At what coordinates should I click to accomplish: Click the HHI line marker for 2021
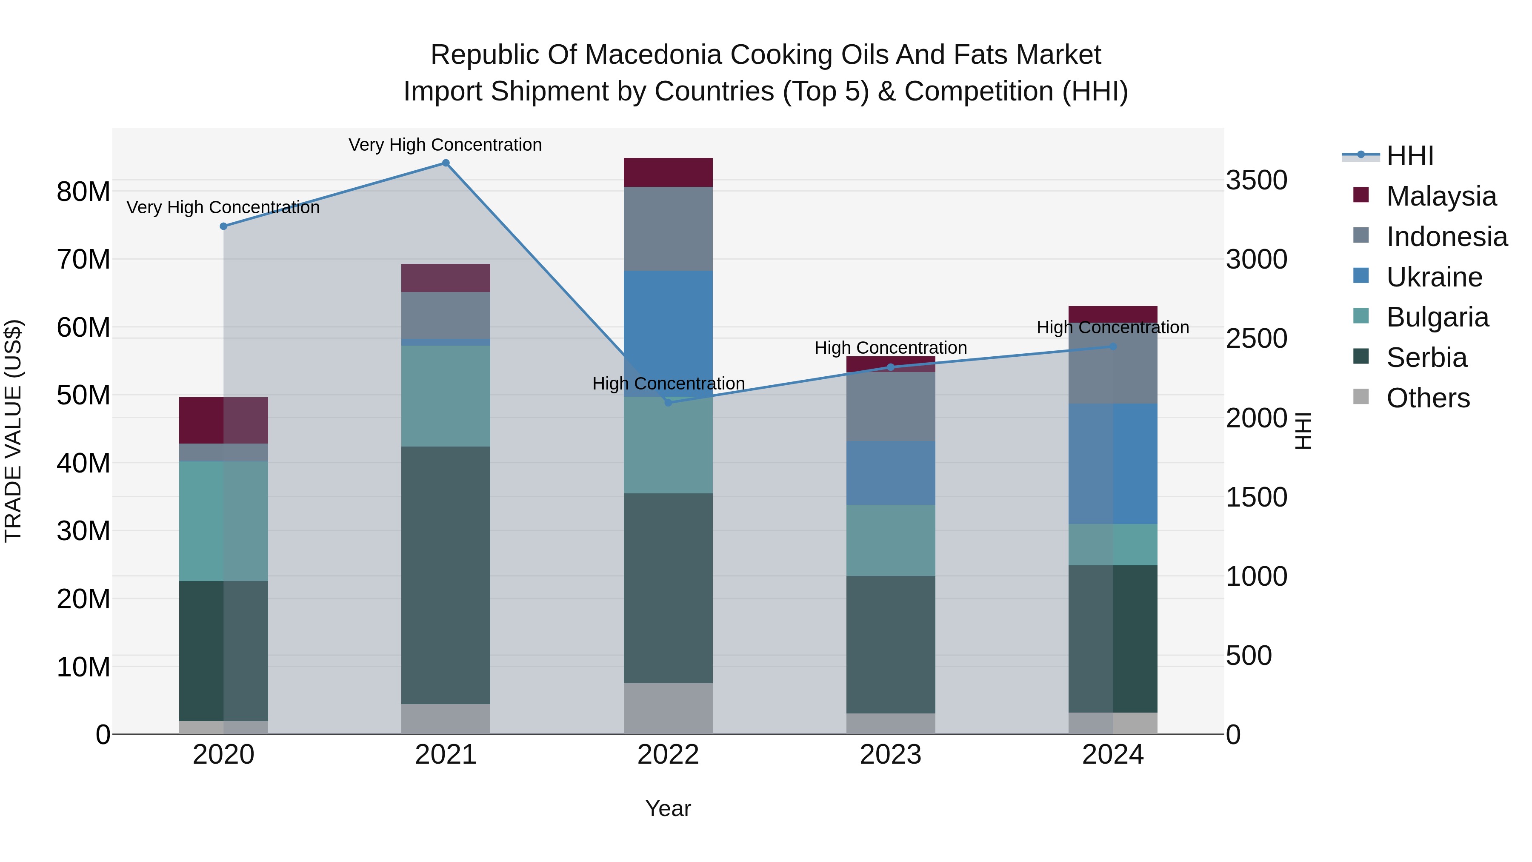pyautogui.click(x=446, y=163)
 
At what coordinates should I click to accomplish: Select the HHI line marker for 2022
pyautogui.click(x=668, y=403)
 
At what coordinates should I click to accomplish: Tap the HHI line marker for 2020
pyautogui.click(x=223, y=226)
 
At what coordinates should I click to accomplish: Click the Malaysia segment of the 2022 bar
pyautogui.click(x=668, y=172)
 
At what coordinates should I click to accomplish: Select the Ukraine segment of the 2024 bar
pyautogui.click(x=1113, y=464)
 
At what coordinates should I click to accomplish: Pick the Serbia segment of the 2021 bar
pyautogui.click(x=446, y=575)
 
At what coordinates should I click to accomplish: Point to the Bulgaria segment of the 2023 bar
pyautogui.click(x=890, y=540)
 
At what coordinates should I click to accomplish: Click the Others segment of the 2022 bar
pyautogui.click(x=668, y=708)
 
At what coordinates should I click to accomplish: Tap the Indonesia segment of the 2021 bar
pyautogui.click(x=446, y=315)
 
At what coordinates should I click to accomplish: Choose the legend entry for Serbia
pyautogui.click(x=1426, y=358)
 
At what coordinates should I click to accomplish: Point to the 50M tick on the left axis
pyautogui.click(x=83, y=395)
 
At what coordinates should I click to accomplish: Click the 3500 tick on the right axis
pyautogui.click(x=1256, y=180)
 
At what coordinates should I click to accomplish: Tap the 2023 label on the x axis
pyautogui.click(x=890, y=755)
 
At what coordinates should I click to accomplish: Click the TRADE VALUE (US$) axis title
pyautogui.click(x=14, y=431)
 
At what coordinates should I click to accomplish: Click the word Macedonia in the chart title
pyautogui.click(x=657, y=55)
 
